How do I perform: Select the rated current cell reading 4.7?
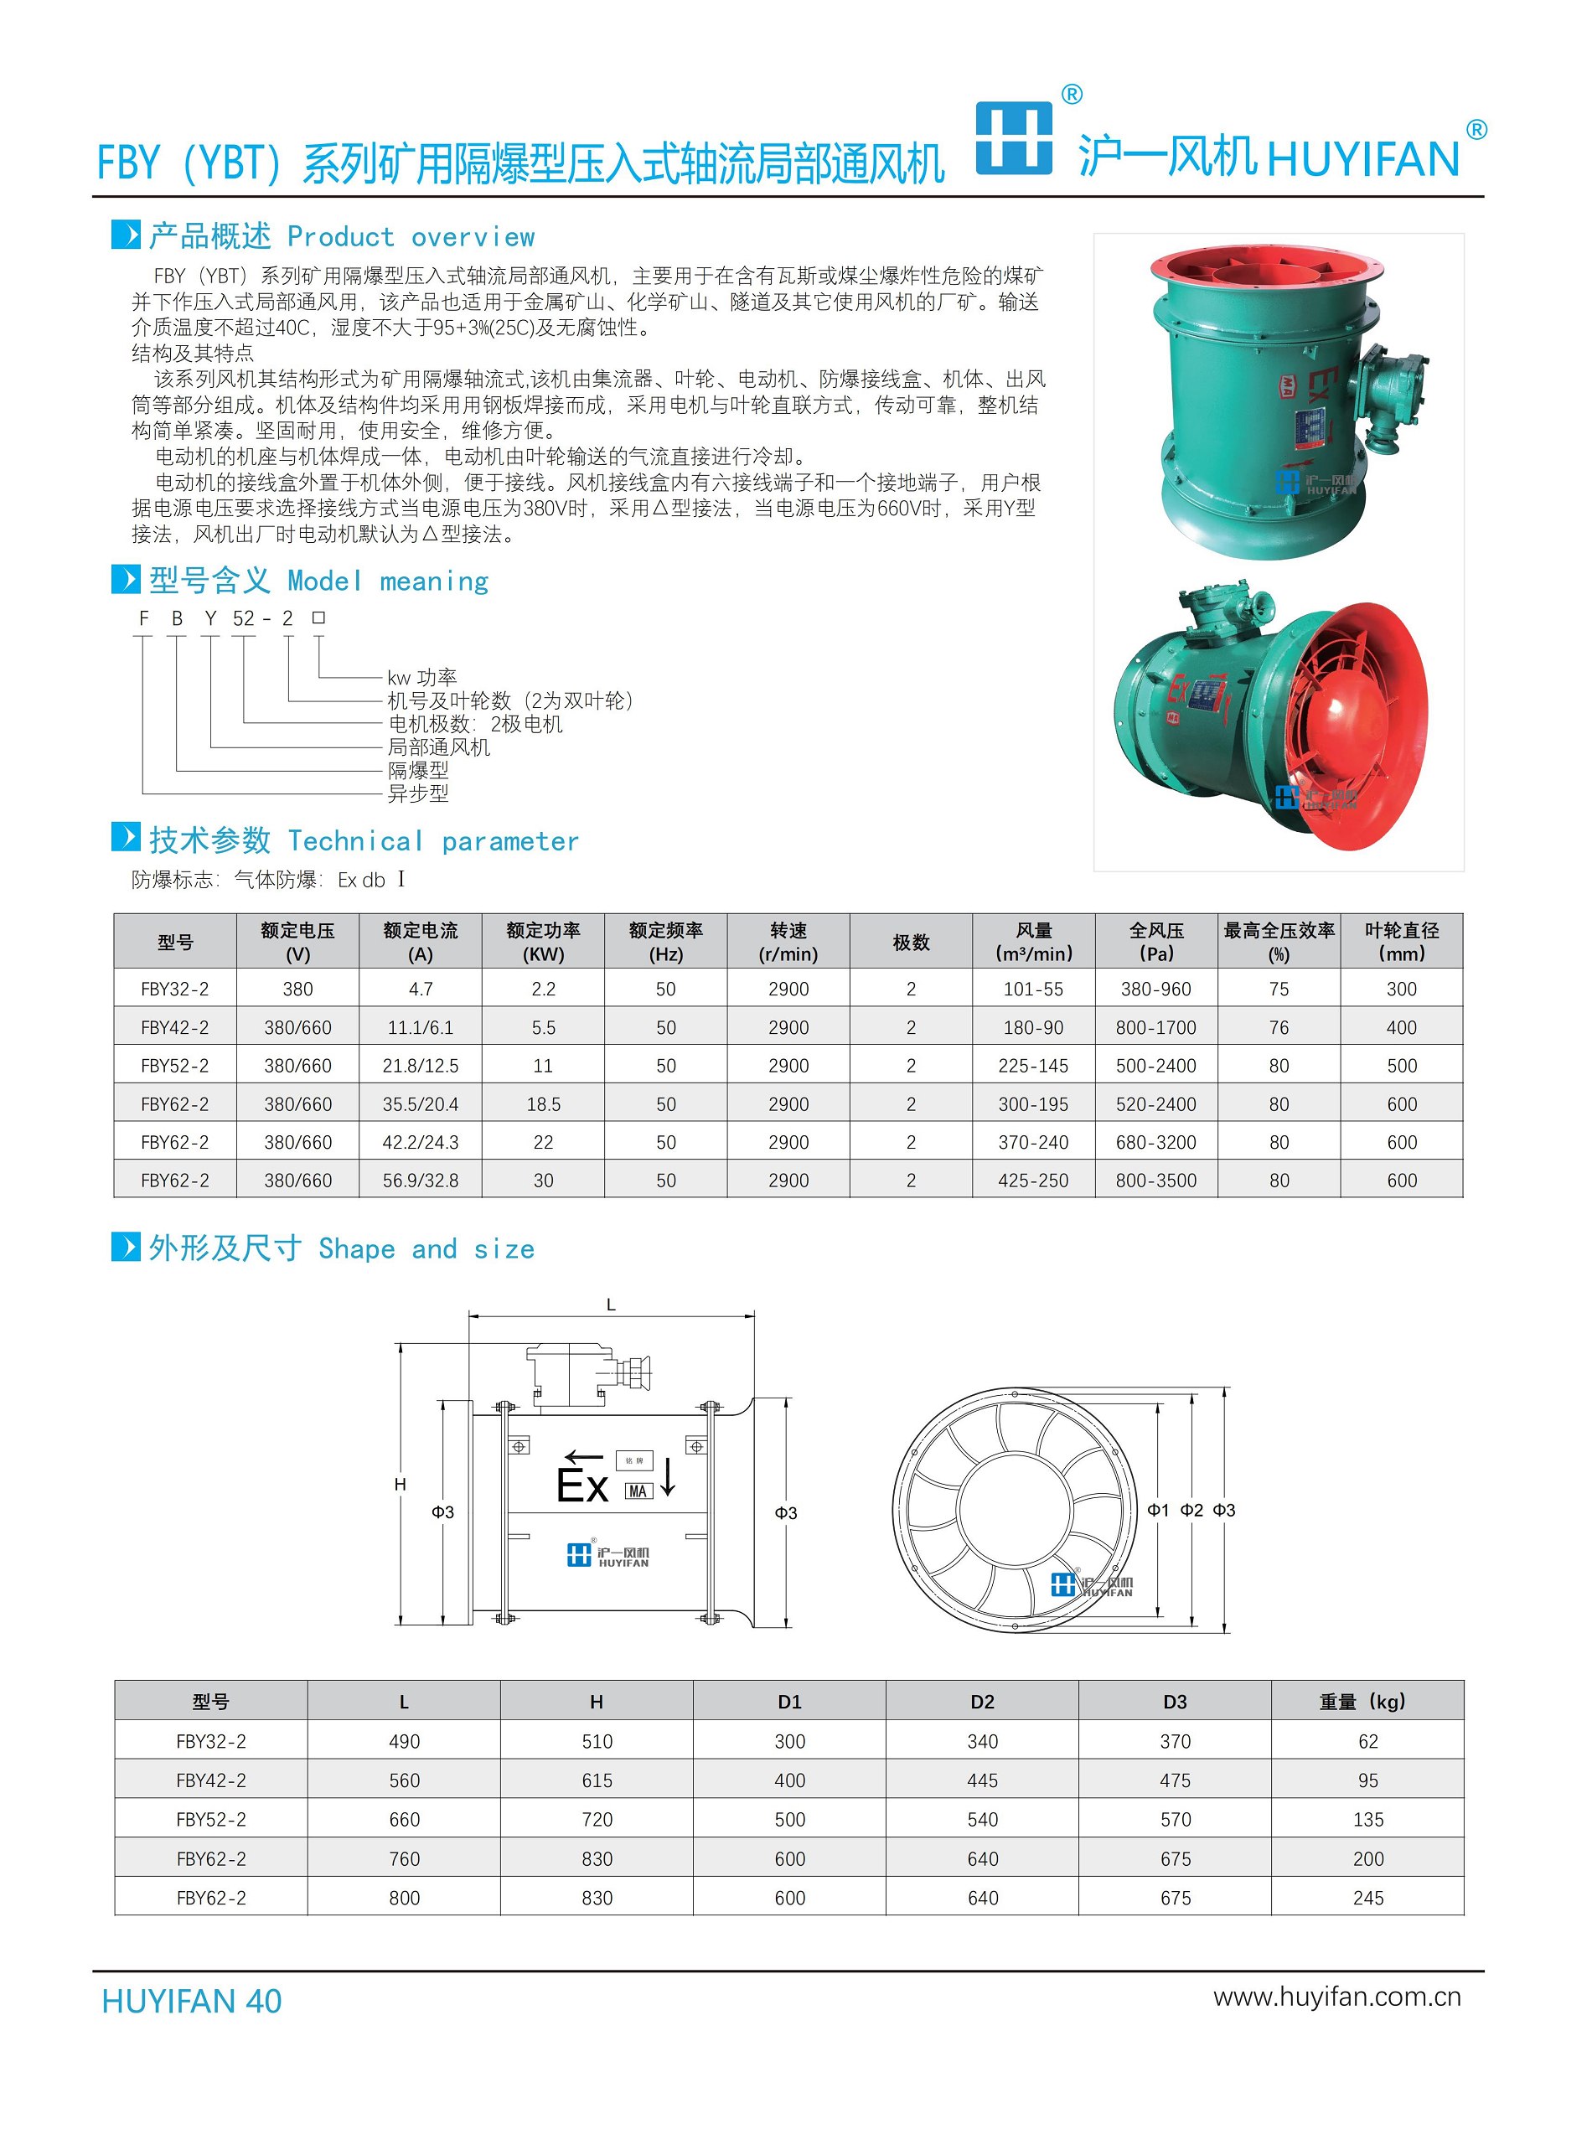420,989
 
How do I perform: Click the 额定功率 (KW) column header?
543,941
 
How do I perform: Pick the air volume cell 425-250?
1033,1180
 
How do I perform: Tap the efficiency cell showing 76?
1279,1027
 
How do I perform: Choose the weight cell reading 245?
1367,1897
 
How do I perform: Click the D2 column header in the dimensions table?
982,1702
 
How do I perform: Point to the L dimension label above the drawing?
610,1305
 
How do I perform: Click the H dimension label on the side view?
400,1484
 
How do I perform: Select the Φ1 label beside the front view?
1158,1510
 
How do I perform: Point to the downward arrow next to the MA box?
668,1476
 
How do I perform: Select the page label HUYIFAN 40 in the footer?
192,2001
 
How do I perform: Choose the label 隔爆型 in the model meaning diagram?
418,770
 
